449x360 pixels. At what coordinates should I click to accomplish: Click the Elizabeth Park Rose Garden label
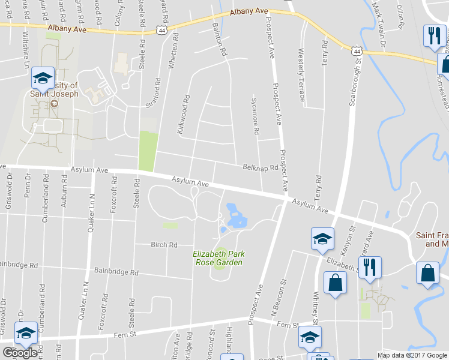click(218, 258)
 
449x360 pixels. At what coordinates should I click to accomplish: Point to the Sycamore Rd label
click(255, 115)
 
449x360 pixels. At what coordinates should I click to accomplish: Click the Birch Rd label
click(164, 245)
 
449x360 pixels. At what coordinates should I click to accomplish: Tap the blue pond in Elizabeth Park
click(235, 217)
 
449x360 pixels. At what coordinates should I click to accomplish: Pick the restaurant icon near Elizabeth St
click(369, 267)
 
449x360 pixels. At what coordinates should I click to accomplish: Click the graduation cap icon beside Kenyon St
click(322, 238)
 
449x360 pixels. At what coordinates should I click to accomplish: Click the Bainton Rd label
click(220, 40)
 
